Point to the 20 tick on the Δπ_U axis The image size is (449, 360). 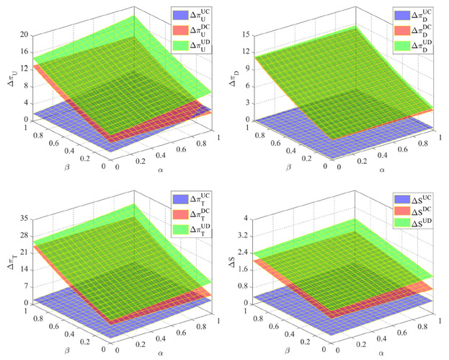24,35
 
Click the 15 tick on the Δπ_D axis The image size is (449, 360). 248,35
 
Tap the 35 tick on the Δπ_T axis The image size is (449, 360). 24,218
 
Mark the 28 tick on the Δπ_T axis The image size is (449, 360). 24,235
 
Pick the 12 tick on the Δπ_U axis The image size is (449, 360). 24,69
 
